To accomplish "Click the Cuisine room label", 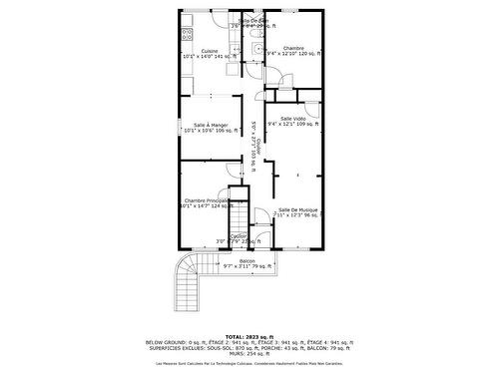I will (209, 51).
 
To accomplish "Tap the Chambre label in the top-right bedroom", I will (292, 48).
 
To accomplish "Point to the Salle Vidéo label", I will (292, 118).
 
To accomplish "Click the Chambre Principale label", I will (208, 200).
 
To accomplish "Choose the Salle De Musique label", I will (297, 209).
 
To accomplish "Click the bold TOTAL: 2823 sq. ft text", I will (249, 336).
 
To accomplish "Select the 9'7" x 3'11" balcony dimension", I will (236, 267).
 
